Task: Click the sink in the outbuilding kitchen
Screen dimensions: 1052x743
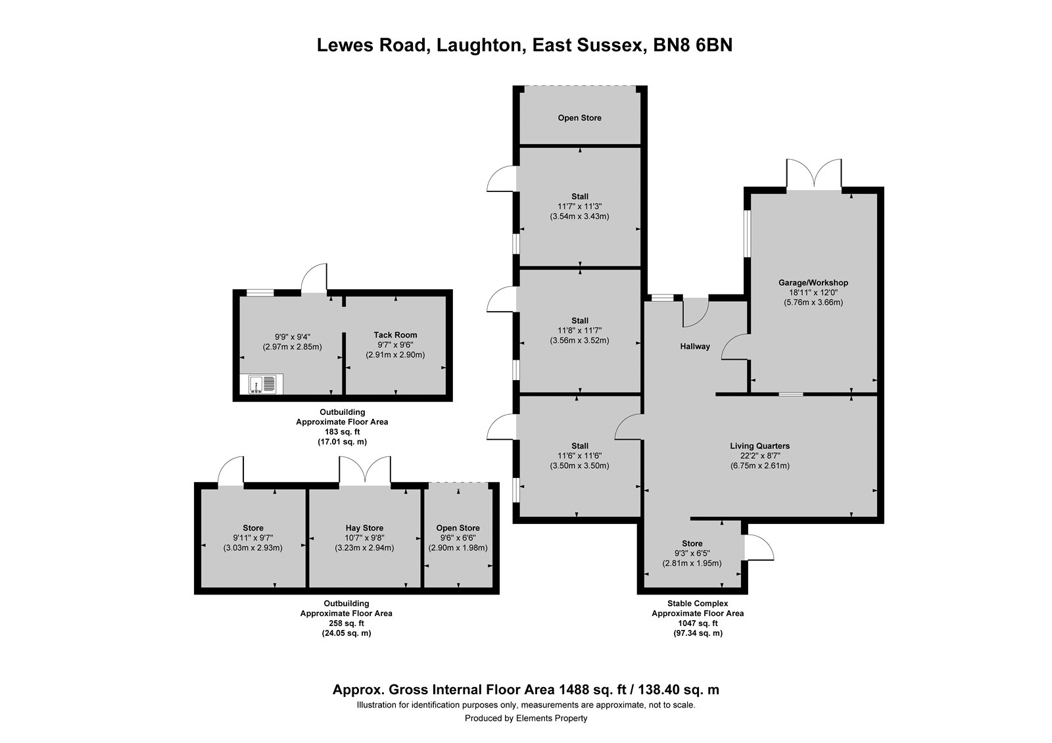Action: (262, 384)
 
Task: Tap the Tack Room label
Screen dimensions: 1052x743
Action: (395, 335)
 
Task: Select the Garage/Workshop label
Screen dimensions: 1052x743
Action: (813, 283)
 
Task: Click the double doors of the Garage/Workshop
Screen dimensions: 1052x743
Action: (814, 175)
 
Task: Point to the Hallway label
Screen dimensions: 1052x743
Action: (695, 347)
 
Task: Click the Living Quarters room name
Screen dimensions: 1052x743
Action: (760, 446)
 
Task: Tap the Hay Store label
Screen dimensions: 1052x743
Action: (364, 528)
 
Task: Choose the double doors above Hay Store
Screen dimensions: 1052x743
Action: (365, 471)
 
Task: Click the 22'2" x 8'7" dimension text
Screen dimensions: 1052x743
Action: (760, 456)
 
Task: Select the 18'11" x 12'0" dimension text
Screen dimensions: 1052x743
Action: (813, 292)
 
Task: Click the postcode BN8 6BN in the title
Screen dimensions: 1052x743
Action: (692, 45)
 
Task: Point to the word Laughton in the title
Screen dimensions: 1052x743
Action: (479, 45)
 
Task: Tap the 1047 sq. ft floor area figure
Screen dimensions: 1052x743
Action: (698, 623)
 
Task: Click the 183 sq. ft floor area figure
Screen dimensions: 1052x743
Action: (342, 431)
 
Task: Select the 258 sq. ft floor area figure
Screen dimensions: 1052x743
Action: (347, 623)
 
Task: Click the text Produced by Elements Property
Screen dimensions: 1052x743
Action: (526, 718)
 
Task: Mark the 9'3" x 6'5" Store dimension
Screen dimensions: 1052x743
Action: (692, 553)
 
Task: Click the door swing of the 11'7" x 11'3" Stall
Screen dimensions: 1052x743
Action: (502, 178)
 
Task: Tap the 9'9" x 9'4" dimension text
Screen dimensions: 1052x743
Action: (292, 337)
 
